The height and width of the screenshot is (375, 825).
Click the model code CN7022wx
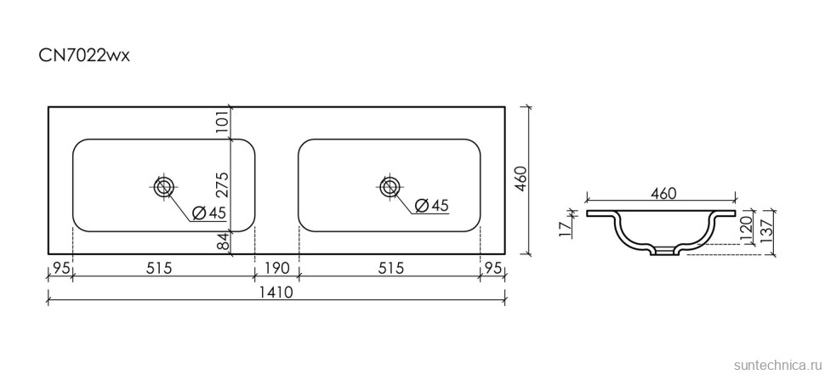(x=84, y=56)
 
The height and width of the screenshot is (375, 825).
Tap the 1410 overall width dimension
(x=276, y=293)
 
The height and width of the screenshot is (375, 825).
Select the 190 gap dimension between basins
(x=276, y=268)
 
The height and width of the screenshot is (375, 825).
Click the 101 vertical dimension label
(x=223, y=122)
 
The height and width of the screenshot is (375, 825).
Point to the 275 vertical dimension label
(x=223, y=184)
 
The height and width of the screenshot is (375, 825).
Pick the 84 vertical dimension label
(x=223, y=241)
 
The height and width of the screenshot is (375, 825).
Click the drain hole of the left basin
(x=164, y=186)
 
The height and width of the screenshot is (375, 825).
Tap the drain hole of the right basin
(x=390, y=186)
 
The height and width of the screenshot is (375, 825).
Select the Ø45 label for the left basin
(x=209, y=213)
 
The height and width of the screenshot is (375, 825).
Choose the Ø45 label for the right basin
(x=432, y=205)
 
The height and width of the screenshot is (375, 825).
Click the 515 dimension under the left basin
(x=159, y=268)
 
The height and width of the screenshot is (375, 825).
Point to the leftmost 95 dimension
(x=61, y=268)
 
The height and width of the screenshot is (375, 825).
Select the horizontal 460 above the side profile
(x=662, y=194)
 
